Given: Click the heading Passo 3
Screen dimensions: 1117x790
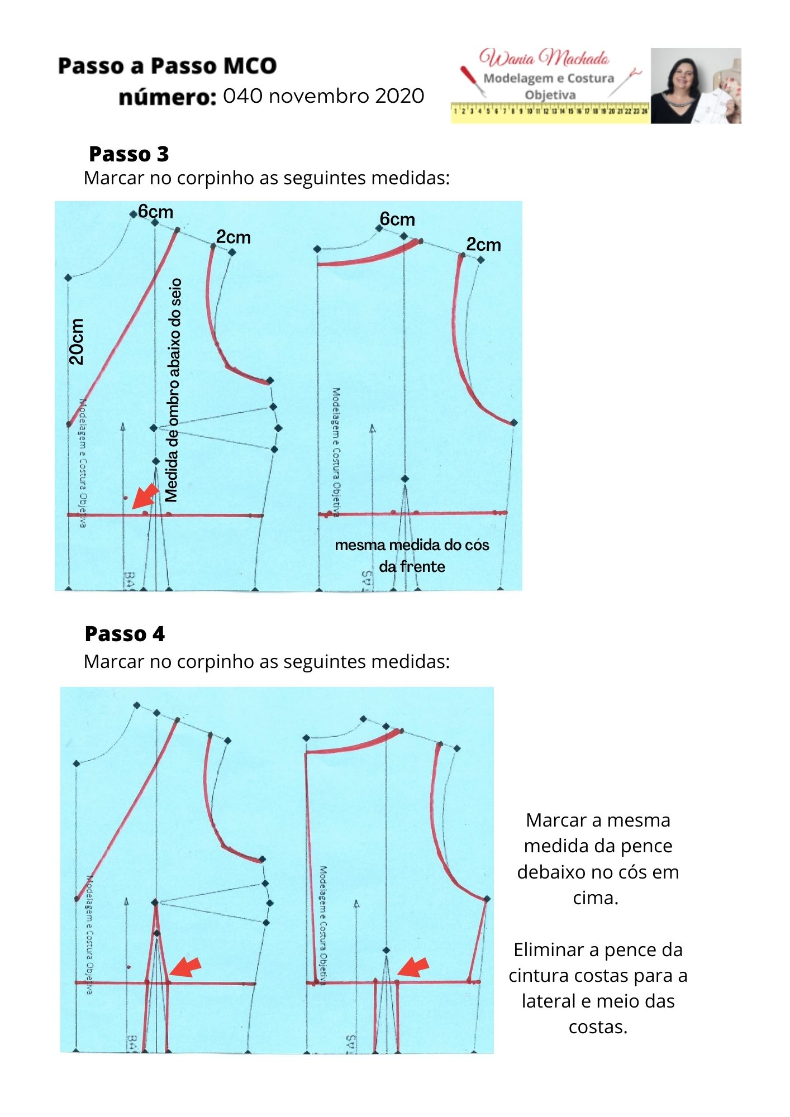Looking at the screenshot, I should point(129,154).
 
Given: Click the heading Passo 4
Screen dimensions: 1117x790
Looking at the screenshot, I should point(125,634).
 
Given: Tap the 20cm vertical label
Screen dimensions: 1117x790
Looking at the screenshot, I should point(77,342).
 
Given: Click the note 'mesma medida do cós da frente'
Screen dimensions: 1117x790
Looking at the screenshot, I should point(412,555).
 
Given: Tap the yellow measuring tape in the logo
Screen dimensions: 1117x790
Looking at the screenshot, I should point(550,112).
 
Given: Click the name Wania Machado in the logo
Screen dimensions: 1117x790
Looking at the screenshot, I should point(544,58).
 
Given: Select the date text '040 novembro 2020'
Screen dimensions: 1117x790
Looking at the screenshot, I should point(323,96).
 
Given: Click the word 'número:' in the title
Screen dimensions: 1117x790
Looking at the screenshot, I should point(167,97).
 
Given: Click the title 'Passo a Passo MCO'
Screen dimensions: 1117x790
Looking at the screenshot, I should point(167,66).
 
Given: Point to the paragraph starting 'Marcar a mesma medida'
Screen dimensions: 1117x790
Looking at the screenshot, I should point(597,858).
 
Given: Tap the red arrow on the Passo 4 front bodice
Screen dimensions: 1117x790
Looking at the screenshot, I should point(185,966).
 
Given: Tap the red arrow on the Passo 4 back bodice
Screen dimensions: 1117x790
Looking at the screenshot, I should point(413,967).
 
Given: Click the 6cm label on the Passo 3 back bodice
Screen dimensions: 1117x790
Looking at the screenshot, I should point(397,219).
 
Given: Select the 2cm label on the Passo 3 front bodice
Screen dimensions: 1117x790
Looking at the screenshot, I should point(233,237).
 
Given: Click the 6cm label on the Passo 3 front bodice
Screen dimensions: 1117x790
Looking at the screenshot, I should point(155,212).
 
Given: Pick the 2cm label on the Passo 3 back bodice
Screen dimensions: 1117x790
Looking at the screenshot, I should point(483,245).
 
